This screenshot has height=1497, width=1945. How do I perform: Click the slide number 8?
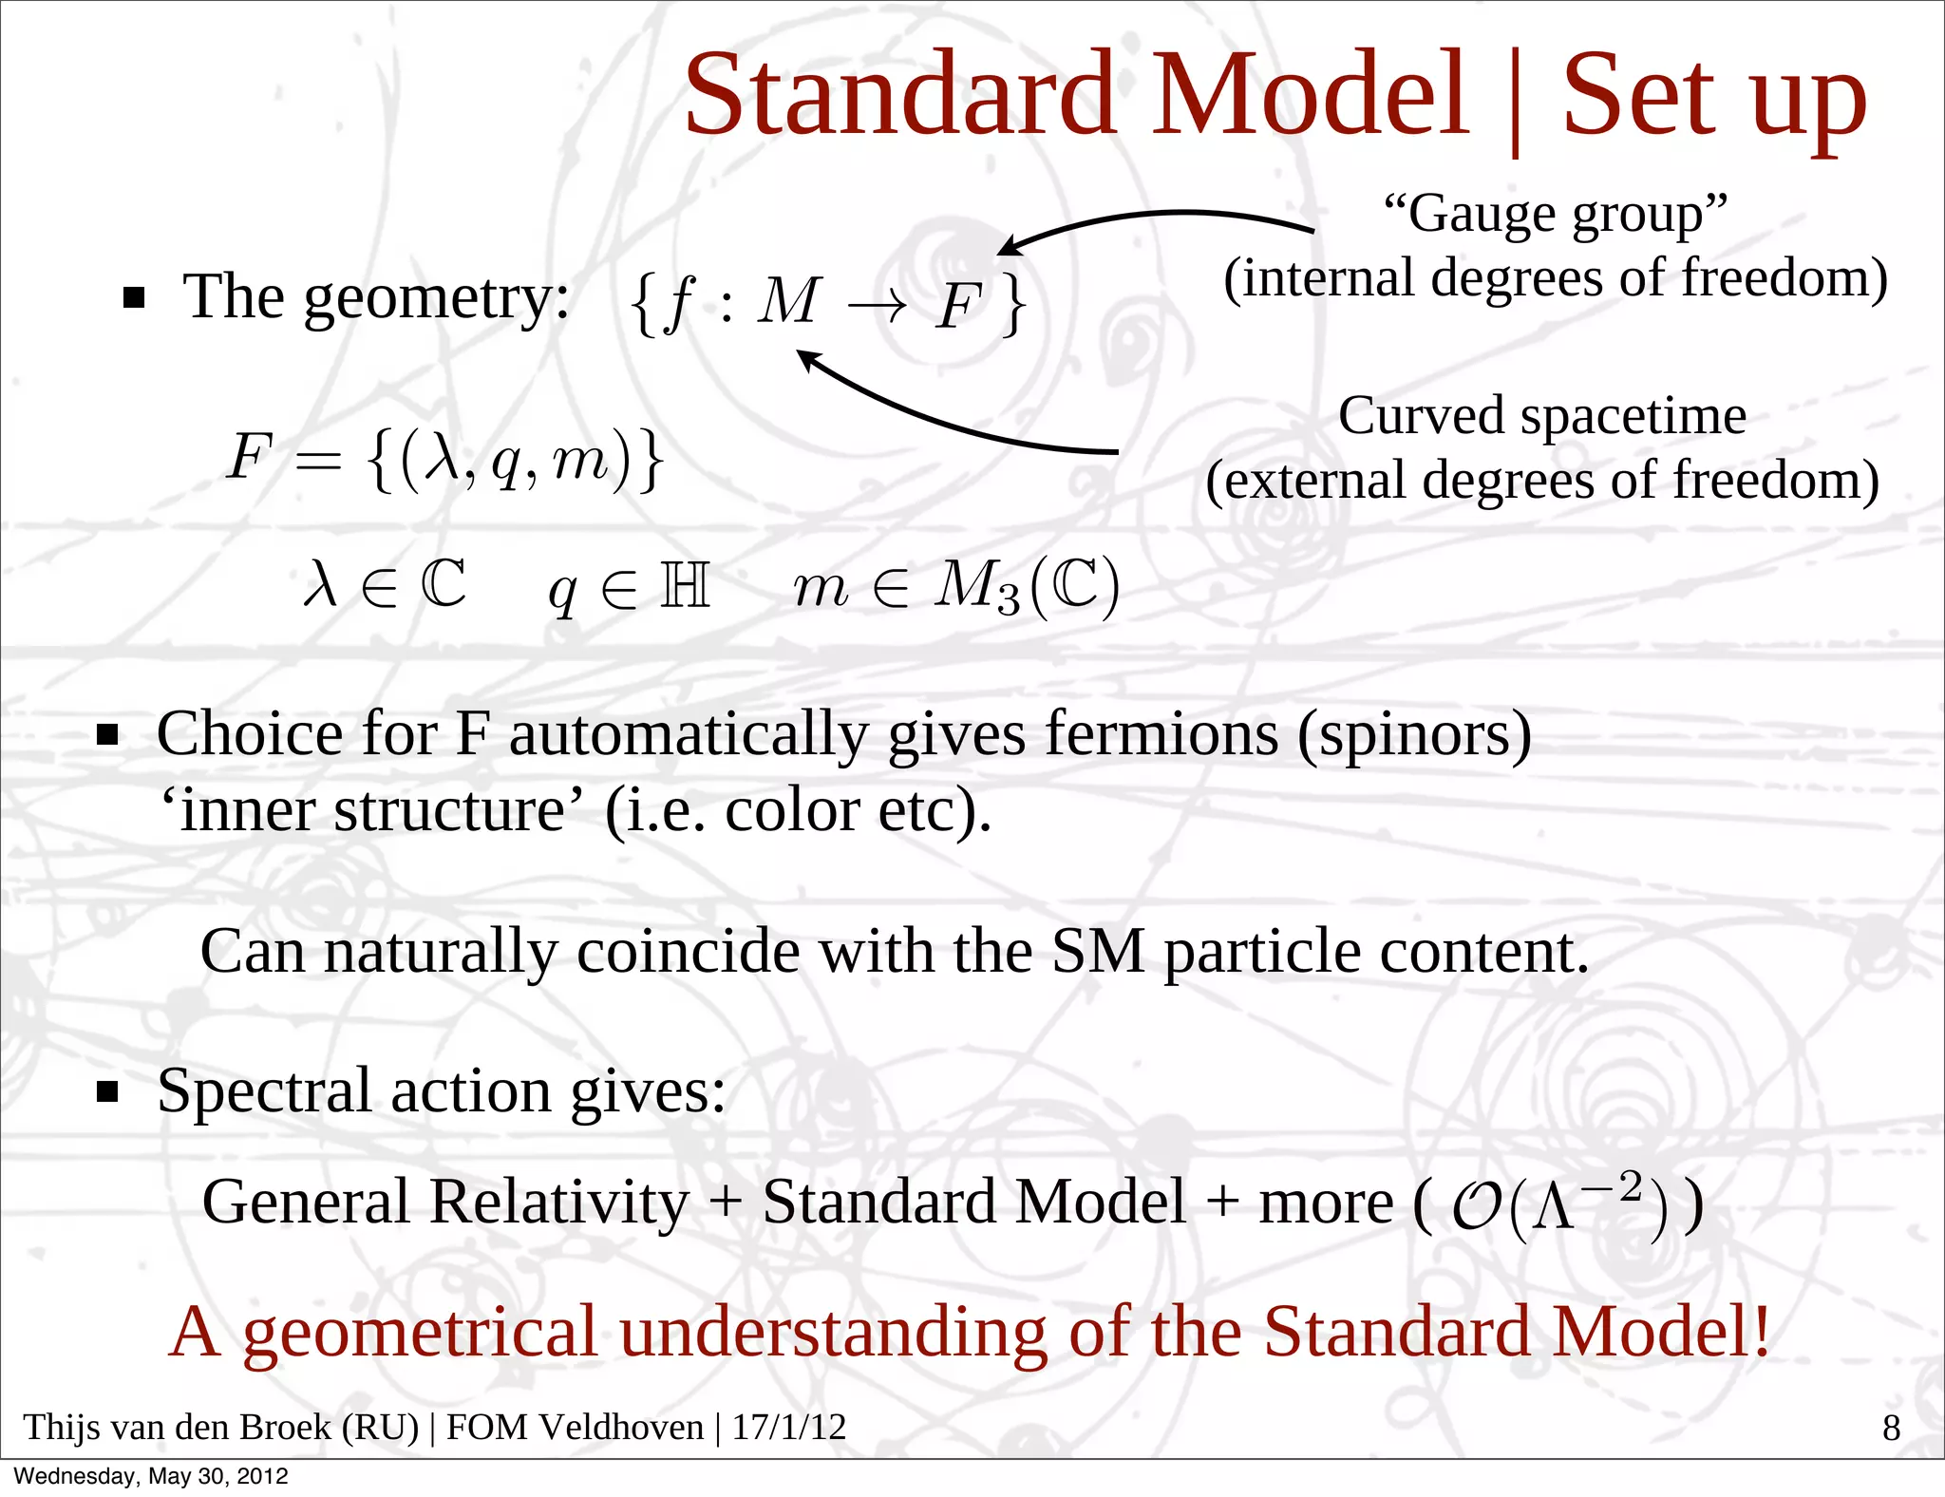[1891, 1428]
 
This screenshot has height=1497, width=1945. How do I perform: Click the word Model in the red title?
[1311, 94]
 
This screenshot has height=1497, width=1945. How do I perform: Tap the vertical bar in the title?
[1515, 100]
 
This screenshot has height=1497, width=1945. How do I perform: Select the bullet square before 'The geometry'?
[134, 299]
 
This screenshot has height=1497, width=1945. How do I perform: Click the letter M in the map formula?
[786, 301]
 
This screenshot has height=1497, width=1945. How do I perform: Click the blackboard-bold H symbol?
[685, 585]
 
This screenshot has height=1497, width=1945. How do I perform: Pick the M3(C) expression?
[1027, 586]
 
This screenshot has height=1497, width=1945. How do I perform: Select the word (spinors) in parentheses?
[1414, 734]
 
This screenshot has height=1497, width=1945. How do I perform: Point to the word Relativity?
[558, 1203]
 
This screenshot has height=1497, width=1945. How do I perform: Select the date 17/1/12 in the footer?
[788, 1428]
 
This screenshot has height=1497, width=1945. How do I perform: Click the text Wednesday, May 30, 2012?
[150, 1476]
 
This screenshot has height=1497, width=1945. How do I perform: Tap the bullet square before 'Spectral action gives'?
[108, 1092]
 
